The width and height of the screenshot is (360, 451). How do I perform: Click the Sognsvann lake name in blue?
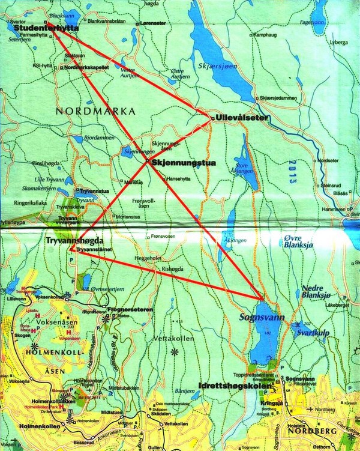point(252,313)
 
